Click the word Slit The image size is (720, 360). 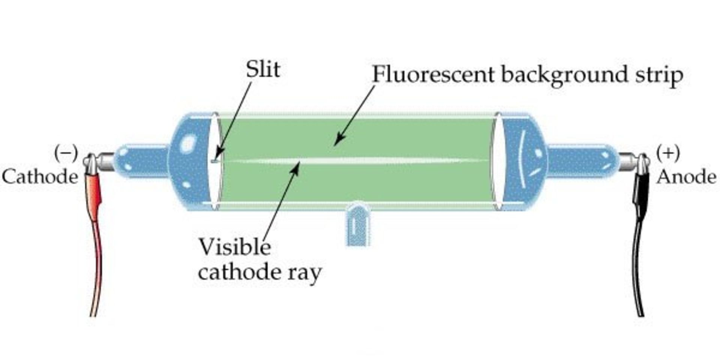[x=263, y=70]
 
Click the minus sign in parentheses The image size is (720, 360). [x=66, y=153]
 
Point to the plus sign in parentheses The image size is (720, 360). [x=668, y=153]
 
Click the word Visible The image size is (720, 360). [x=234, y=247]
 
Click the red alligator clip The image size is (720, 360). [x=94, y=191]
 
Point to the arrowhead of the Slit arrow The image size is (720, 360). [x=219, y=154]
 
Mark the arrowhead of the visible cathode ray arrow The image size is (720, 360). [x=297, y=167]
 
